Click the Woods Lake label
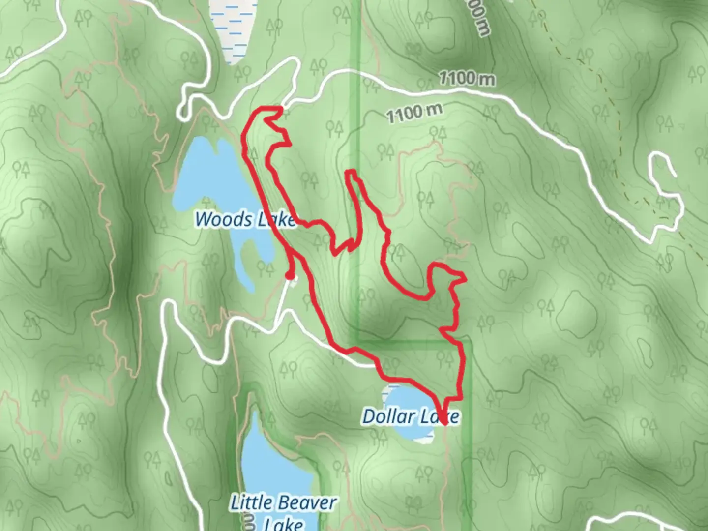click(245, 219)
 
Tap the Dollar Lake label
click(411, 417)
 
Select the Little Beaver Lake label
click(284, 511)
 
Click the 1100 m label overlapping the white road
click(467, 78)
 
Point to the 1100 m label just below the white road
click(414, 114)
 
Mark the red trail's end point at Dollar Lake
click(444, 422)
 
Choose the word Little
click(251, 503)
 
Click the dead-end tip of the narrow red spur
click(351, 172)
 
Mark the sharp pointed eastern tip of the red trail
click(464, 278)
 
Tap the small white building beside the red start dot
click(294, 280)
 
